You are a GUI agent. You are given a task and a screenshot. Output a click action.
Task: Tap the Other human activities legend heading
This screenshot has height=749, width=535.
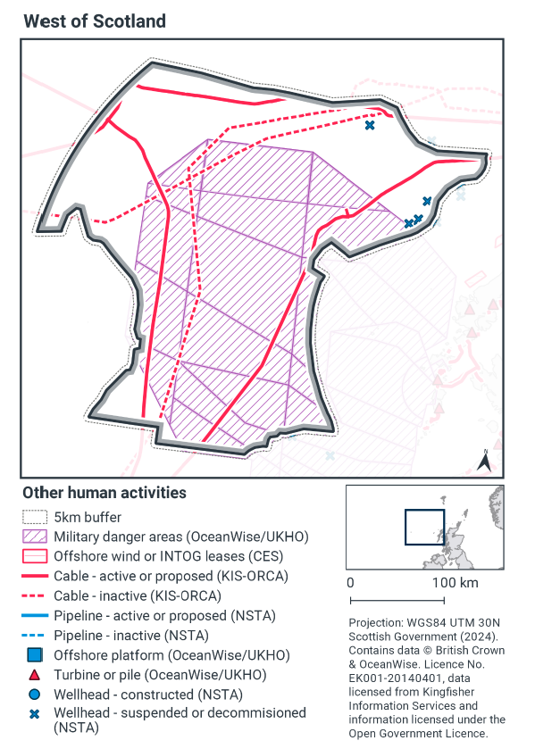104,492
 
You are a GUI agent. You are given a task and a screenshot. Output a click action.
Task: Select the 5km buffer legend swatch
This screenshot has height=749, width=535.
33,517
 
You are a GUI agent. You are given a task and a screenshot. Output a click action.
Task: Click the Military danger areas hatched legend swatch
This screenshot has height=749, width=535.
33,537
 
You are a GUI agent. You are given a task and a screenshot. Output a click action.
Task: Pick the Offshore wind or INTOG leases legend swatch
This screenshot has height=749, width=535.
33,556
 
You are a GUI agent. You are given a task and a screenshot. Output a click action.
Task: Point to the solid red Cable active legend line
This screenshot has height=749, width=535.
33,577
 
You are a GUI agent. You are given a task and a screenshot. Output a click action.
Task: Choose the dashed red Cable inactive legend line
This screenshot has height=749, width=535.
33,595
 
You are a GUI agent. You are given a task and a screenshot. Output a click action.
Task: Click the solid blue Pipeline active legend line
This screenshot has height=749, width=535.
33,616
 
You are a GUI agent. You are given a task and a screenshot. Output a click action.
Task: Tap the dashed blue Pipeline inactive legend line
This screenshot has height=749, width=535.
33,636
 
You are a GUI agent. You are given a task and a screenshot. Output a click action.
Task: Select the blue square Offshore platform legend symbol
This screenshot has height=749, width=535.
33,655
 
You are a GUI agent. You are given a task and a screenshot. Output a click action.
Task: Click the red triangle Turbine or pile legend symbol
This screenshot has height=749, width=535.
33,675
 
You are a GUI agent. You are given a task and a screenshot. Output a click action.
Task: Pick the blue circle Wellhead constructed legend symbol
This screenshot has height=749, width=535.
33,695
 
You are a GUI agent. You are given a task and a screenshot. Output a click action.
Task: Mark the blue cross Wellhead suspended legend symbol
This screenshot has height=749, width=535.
33,713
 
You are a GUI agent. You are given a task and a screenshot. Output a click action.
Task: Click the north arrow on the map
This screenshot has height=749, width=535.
483,461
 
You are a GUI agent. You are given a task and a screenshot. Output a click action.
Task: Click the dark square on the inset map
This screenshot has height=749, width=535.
424,527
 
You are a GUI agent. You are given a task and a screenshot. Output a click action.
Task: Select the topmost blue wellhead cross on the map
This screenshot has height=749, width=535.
369,126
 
